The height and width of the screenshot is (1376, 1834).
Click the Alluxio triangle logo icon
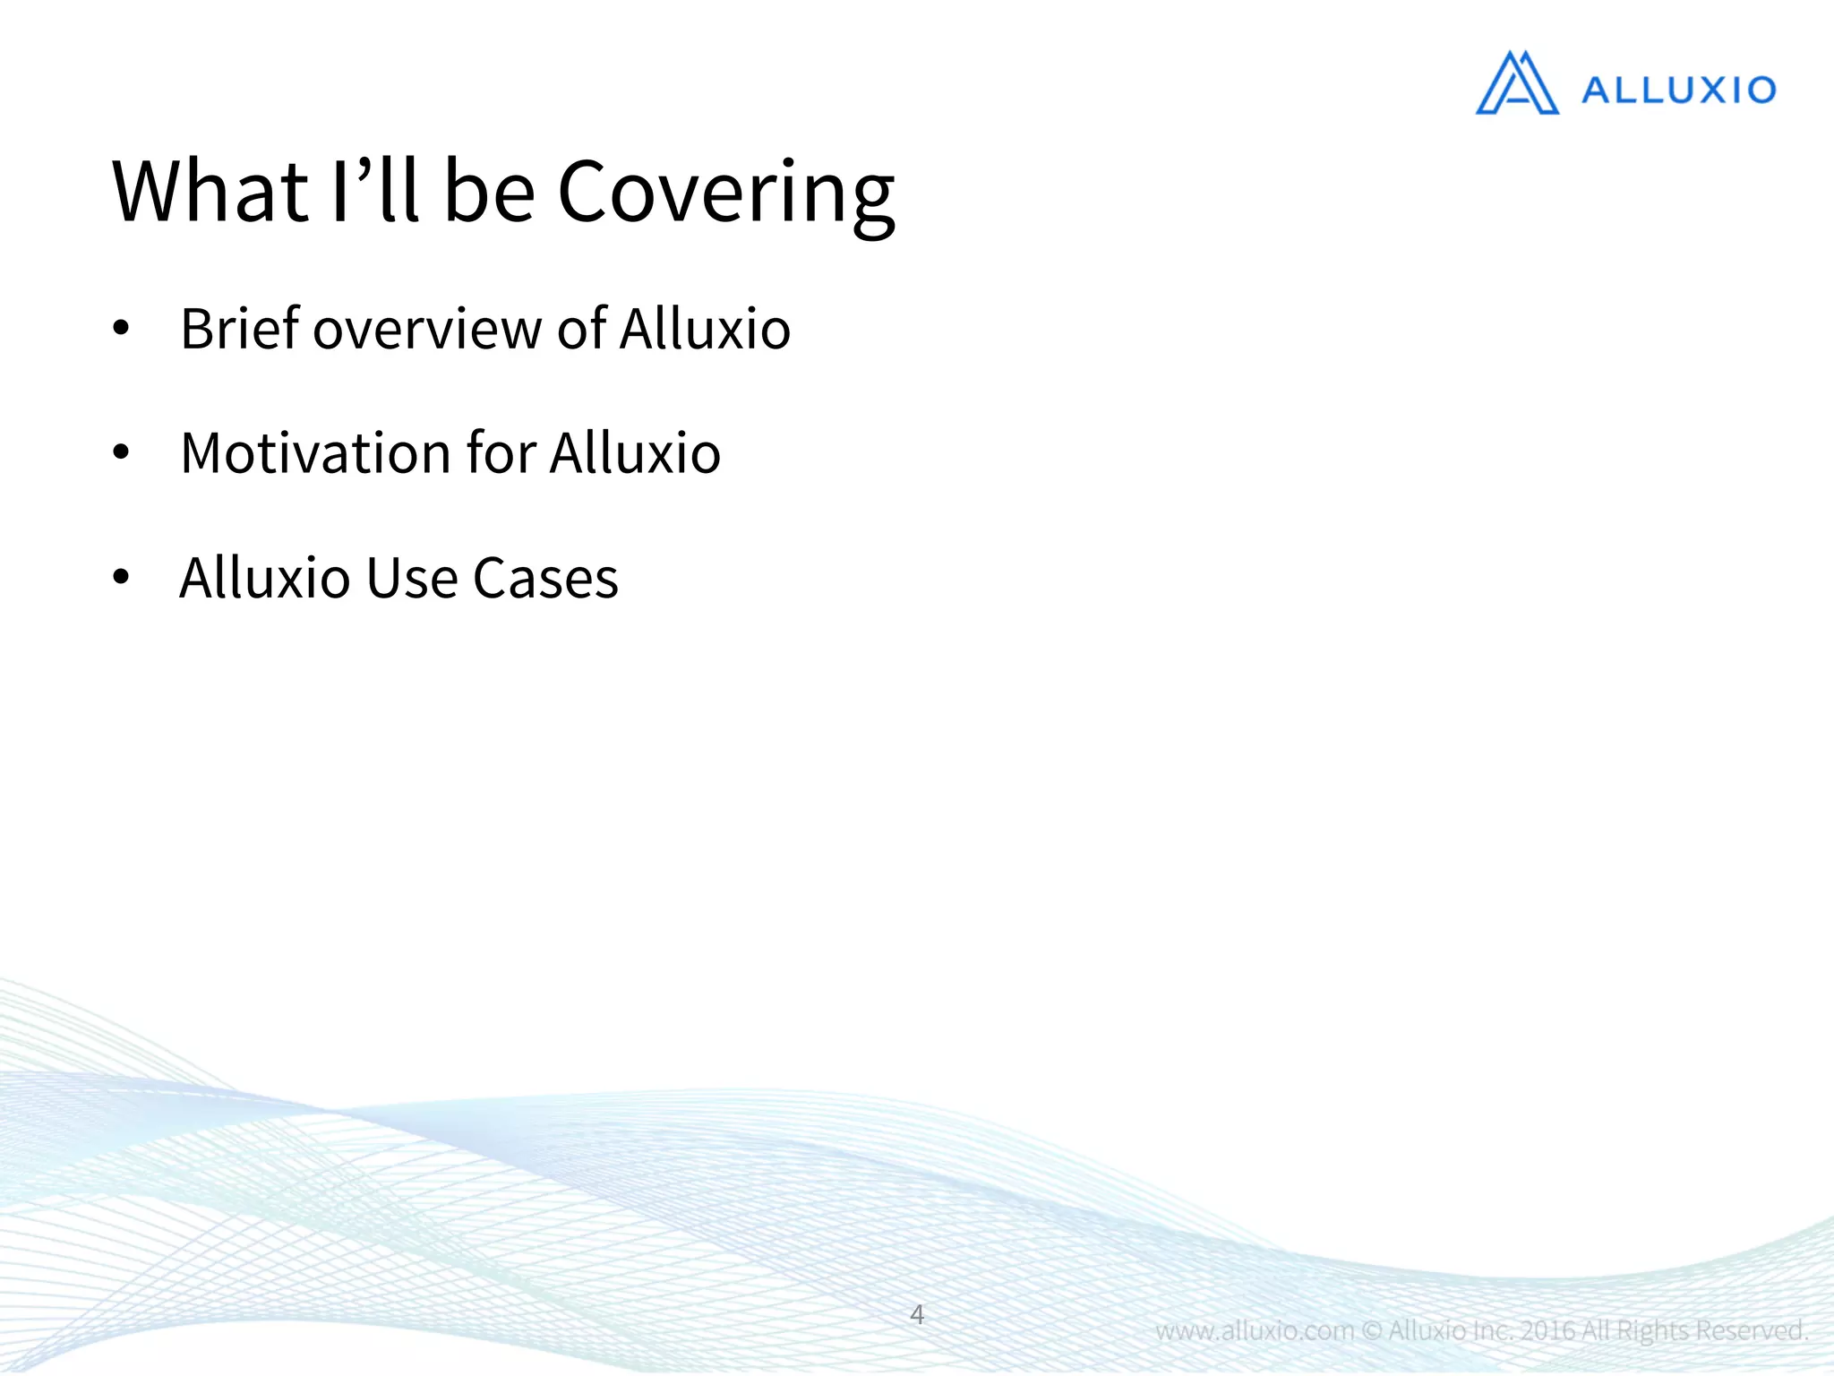click(x=1516, y=84)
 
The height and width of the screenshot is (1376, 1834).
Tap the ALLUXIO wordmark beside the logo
click(x=1678, y=90)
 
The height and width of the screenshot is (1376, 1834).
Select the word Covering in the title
click(x=725, y=193)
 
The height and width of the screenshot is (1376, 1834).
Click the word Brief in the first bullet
click(x=239, y=329)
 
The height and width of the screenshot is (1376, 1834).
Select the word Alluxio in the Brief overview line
click(x=705, y=329)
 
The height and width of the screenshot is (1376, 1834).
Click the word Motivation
click(x=314, y=453)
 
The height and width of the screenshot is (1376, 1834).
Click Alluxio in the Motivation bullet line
click(x=635, y=453)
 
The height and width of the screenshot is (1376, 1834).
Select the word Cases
click(x=545, y=578)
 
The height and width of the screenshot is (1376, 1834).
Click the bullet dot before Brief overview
click(x=121, y=330)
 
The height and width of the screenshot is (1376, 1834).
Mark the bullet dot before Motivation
click(x=121, y=454)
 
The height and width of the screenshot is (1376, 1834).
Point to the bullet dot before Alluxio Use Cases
click(x=121, y=579)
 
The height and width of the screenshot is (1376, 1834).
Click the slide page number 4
click(x=917, y=1315)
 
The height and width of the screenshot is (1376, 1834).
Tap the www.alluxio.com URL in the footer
click(x=1255, y=1330)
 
